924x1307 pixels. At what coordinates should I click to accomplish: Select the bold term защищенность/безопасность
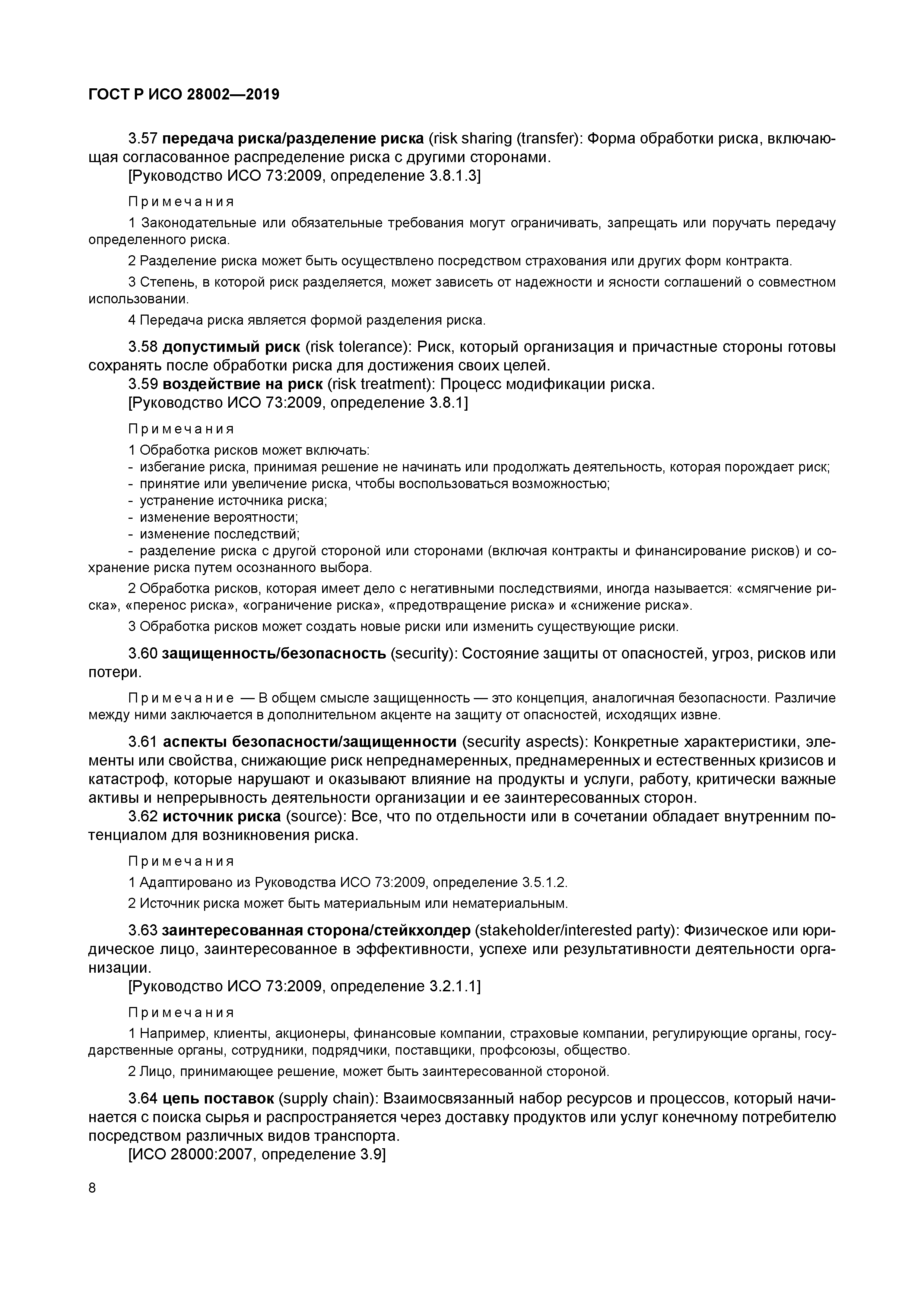click(274, 654)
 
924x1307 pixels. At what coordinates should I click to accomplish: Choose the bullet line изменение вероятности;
click(219, 517)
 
